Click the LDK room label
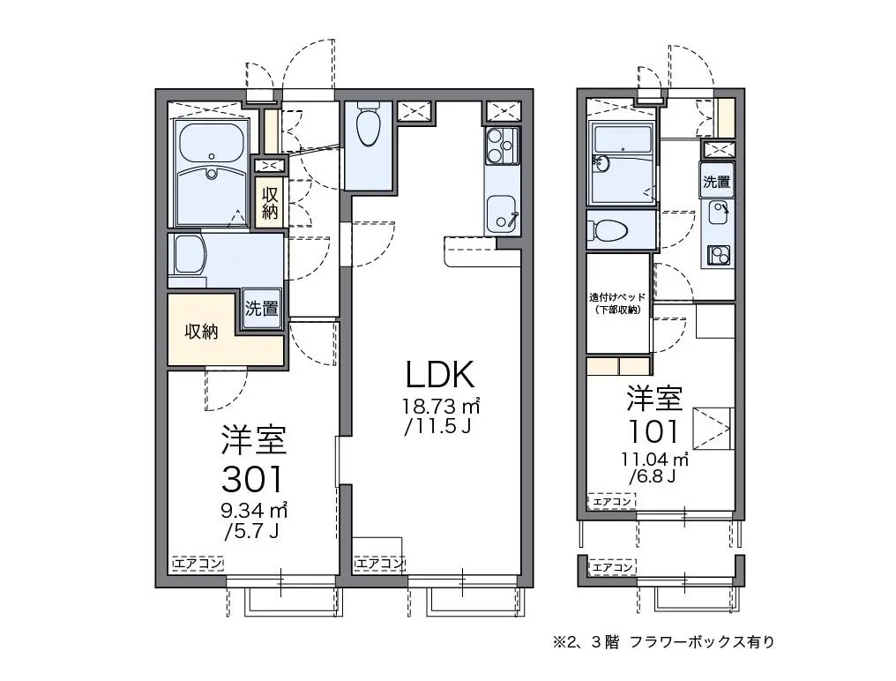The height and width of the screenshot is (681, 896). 440,375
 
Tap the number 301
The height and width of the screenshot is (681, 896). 252,479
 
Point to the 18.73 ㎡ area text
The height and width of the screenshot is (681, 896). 441,407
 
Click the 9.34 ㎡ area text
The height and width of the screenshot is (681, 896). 254,510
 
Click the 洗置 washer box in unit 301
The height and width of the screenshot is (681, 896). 262,308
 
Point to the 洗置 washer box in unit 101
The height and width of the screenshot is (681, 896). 717,181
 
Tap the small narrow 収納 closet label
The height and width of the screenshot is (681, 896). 270,203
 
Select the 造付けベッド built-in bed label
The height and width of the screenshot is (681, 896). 617,303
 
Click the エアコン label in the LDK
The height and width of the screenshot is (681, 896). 379,564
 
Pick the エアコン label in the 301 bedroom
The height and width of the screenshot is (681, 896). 198,564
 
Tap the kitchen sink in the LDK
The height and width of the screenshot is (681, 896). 503,213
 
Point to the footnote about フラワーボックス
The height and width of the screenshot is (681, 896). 663,642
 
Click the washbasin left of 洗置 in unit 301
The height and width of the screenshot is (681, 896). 189,255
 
